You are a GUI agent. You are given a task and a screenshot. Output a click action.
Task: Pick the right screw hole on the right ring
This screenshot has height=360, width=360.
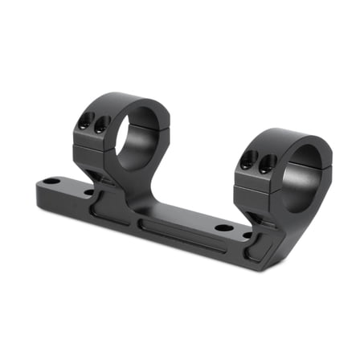click(x=263, y=164)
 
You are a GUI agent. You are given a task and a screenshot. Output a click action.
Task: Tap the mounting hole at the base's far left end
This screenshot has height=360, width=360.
click(x=51, y=182)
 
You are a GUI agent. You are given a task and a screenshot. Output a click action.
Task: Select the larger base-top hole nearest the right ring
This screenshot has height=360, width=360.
click(x=225, y=228)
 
